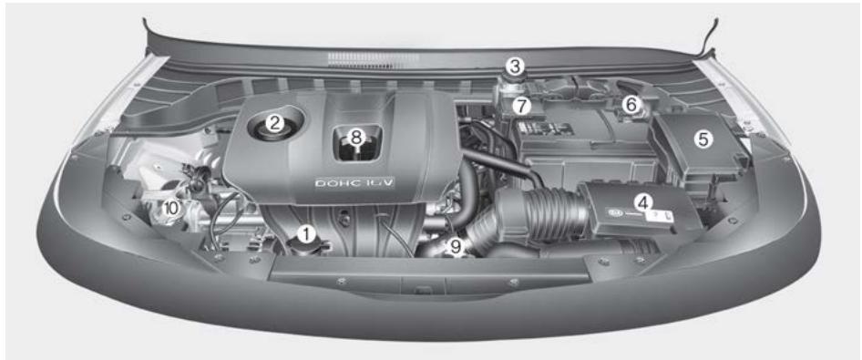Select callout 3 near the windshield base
tap(517, 66)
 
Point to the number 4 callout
tap(643, 201)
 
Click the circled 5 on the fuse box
tap(703, 141)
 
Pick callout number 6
tap(630, 105)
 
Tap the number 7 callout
tap(520, 106)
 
